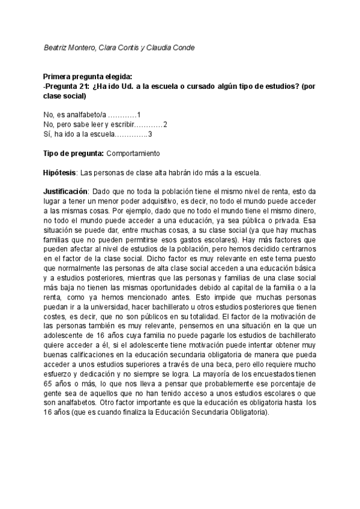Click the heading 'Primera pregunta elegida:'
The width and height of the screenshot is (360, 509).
click(87, 77)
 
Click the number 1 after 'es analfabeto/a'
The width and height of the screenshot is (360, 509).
click(139, 115)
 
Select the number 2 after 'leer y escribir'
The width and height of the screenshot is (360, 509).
click(165, 124)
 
